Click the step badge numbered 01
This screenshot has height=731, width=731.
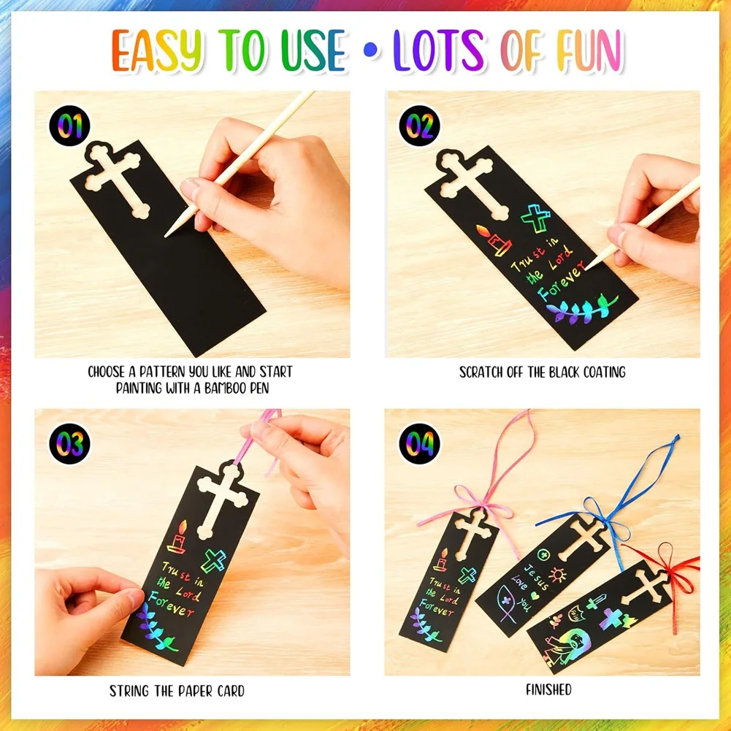click(69, 126)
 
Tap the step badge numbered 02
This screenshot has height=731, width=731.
click(420, 126)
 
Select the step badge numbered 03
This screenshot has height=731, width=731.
click(69, 443)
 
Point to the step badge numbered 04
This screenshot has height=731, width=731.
click(420, 443)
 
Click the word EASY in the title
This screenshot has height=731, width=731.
click(158, 50)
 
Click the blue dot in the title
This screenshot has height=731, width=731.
click(371, 50)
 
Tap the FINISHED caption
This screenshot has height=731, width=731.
click(548, 689)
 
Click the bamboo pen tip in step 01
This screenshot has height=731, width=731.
click(166, 235)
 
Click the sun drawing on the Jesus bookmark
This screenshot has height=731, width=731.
click(557, 575)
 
